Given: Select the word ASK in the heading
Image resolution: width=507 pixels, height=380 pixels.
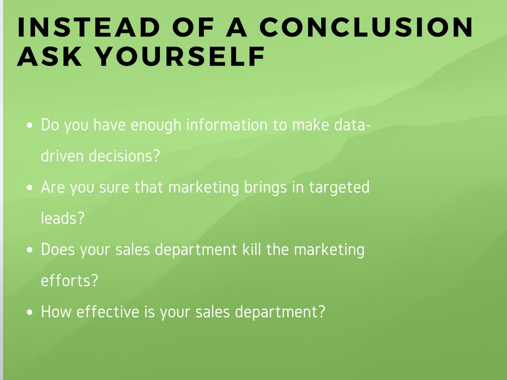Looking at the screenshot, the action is coord(50,56).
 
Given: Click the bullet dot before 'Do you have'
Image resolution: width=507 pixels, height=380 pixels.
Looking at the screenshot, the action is coord(30,125).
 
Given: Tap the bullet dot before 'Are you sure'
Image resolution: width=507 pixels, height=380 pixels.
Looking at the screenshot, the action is coord(30,188).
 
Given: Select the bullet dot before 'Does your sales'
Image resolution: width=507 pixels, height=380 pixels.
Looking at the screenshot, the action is coord(30,250).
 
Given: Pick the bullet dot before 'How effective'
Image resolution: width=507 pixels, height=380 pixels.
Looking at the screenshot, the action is coord(30,312).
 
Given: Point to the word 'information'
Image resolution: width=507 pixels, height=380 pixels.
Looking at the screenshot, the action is coord(227,125).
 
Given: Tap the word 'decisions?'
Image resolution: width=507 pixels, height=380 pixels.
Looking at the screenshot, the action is coord(124,156).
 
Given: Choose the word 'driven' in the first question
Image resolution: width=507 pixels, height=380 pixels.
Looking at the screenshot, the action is coord(62,156).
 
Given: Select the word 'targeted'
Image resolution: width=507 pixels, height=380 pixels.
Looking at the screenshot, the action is coord(339,188).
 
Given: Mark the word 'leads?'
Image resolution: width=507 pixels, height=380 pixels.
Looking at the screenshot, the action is coord(63,218).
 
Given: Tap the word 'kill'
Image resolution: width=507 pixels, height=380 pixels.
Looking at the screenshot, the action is coord(252,249).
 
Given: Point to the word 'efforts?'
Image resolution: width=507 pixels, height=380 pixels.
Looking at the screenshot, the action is coord(69,280).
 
